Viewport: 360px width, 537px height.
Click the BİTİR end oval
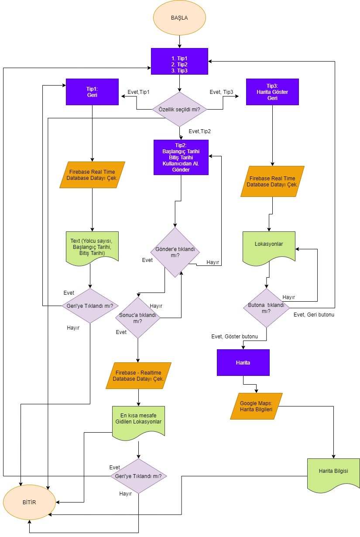[29, 502]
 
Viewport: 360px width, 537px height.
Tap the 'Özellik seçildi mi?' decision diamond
[179, 109]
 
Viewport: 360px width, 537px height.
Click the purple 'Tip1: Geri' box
[92, 92]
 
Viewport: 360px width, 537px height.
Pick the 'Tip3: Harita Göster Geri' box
[272, 92]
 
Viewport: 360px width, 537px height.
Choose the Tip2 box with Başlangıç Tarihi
[181, 157]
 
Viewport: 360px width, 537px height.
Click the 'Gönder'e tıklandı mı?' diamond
[175, 252]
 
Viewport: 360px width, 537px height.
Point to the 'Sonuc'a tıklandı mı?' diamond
[137, 318]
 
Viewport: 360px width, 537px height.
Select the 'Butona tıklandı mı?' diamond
[266, 308]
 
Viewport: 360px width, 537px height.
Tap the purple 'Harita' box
[243, 362]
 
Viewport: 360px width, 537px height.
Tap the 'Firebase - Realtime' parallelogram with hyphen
[138, 375]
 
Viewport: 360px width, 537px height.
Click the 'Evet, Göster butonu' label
[234, 336]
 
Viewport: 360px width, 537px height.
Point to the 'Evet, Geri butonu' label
[314, 314]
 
